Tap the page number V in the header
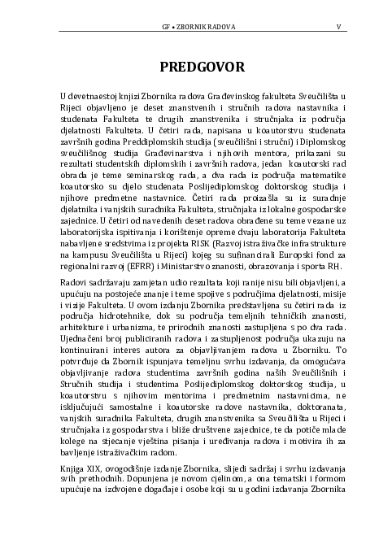(338, 27)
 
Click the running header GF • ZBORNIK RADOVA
(199, 27)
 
